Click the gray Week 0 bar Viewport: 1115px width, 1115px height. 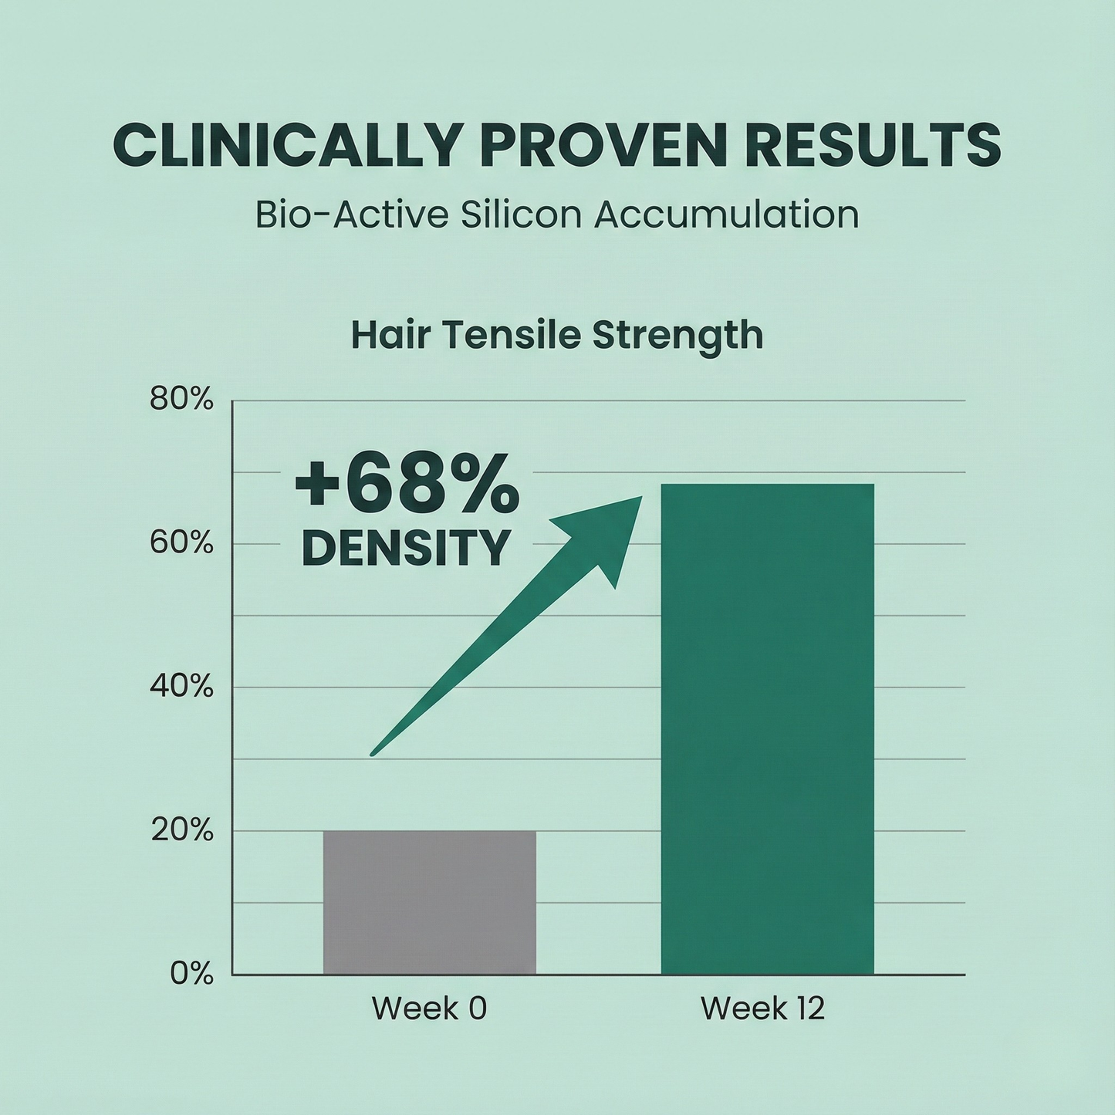pos(429,902)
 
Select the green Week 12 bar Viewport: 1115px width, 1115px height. pos(767,728)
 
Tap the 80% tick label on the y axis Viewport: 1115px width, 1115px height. pos(181,400)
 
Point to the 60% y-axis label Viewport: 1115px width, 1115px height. pos(181,543)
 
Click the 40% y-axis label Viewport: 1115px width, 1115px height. pos(181,687)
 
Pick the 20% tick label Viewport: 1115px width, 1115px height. pos(181,831)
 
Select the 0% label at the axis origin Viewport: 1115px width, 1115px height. pos(191,974)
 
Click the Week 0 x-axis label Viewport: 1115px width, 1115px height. pos(429,1009)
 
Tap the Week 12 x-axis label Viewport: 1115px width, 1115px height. pos(762,1009)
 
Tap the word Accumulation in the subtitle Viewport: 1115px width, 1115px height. pos(726,215)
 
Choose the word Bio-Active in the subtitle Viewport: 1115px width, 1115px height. pos(351,215)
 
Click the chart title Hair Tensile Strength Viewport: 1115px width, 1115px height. pos(557,336)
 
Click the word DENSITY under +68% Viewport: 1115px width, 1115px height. pos(406,548)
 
